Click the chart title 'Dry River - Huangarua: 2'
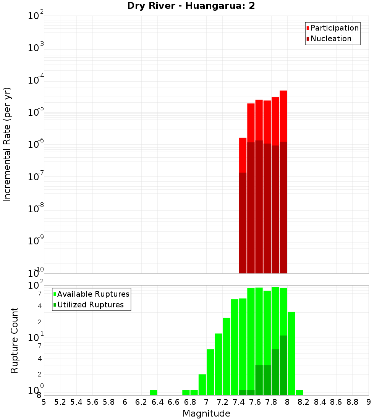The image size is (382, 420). point(191,6)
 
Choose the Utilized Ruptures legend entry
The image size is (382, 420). point(90,305)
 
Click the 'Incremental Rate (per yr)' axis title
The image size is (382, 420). point(7,144)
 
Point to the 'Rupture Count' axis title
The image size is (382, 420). point(15,340)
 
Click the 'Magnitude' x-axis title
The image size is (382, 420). point(206,414)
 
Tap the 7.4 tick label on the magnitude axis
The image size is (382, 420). point(239,402)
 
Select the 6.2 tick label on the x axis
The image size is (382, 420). point(141,402)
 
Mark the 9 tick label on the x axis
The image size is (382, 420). point(368,402)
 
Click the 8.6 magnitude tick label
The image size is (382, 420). point(336,402)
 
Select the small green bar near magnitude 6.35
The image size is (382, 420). point(154,393)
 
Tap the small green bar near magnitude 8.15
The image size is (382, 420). point(299,393)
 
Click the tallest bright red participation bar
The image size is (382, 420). point(283,115)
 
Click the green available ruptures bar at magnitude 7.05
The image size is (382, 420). point(210,372)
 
